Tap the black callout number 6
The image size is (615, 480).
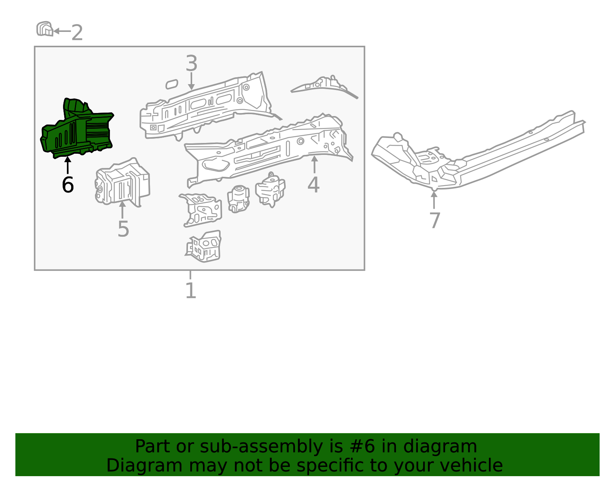68,185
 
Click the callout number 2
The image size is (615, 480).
77,32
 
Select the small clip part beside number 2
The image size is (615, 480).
45,29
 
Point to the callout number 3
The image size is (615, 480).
191,63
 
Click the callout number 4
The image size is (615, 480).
313,185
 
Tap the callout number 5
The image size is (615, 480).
123,229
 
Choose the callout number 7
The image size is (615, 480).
434,220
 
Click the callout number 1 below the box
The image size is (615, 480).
191,291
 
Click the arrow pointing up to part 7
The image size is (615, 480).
434,199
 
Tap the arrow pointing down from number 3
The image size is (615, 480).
191,81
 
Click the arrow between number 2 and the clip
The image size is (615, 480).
61,31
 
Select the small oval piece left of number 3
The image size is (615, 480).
171,84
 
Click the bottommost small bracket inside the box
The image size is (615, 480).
204,247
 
